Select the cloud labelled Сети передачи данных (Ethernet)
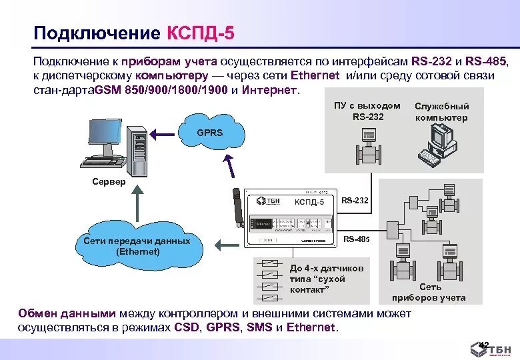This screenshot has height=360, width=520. (x=137, y=246)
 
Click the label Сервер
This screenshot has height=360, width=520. (x=108, y=182)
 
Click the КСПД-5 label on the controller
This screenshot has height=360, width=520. (x=309, y=201)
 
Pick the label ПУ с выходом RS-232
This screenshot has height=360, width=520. (x=367, y=111)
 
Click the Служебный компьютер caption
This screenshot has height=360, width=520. (x=441, y=112)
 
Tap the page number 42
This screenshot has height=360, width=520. (x=484, y=344)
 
